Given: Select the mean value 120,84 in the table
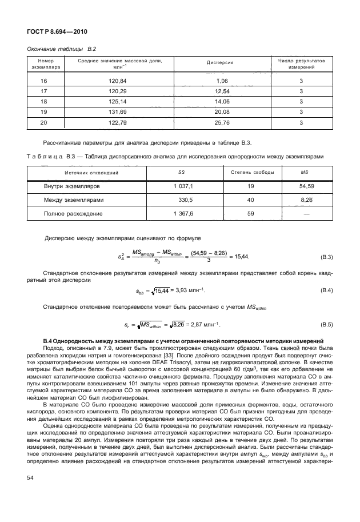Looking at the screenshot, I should point(117,81).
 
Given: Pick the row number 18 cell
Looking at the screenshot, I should point(44,101).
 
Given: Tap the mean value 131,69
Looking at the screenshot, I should point(117,111).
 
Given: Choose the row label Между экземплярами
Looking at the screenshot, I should point(74,200).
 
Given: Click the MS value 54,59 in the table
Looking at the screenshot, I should point(308,186).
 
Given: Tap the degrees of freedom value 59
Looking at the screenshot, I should point(251,214).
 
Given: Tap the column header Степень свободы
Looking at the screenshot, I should point(251,172).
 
